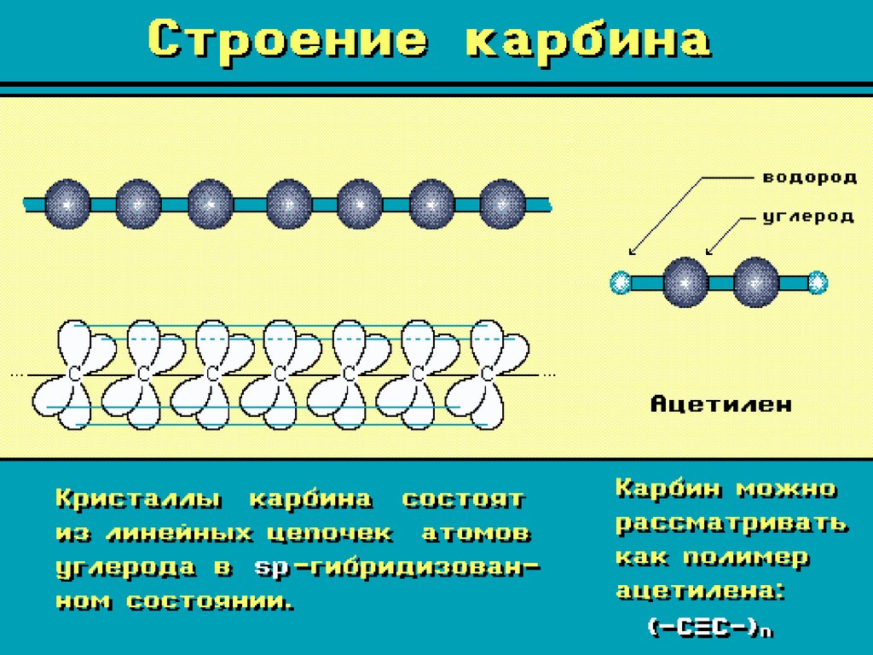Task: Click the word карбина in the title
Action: [588, 42]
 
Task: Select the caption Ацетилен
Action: [721, 403]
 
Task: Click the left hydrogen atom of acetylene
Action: [621, 281]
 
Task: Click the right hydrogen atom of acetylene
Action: [818, 281]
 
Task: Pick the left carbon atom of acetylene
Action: [685, 281]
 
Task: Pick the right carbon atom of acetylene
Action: [755, 281]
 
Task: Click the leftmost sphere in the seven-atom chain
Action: [66, 205]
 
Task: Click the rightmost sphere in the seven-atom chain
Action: [503, 205]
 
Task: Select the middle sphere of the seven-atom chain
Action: [289, 205]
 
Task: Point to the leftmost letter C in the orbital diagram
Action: [74, 374]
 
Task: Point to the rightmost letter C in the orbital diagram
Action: [487, 374]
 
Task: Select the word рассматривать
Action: [731, 523]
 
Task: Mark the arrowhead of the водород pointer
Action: [631, 252]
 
